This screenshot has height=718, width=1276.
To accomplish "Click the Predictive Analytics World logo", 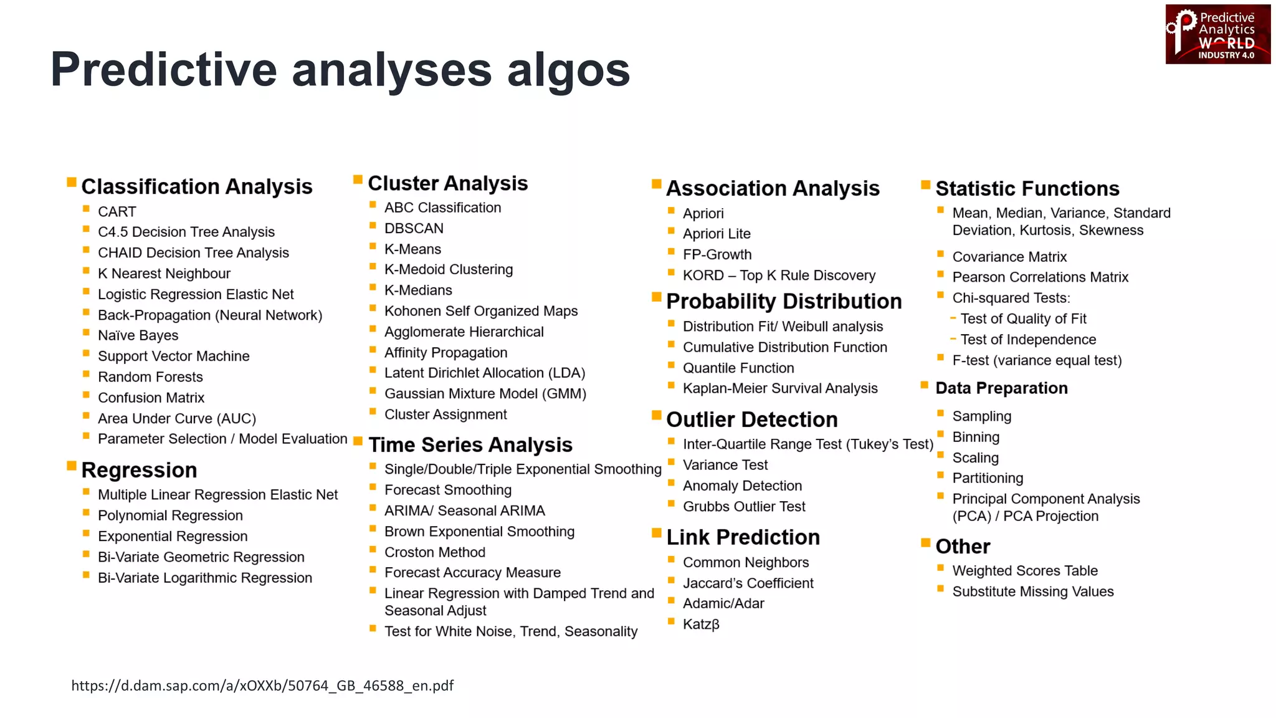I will pyautogui.click(x=1217, y=34).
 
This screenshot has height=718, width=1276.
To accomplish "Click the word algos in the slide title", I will pyautogui.click(x=568, y=69).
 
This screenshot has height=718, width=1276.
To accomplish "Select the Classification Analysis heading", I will pyautogui.click(x=196, y=186).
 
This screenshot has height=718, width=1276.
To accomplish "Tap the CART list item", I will pyautogui.click(x=117, y=212).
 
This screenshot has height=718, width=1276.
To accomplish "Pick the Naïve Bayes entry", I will pyautogui.click(x=138, y=335).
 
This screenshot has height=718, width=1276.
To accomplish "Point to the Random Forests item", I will pyautogui.click(x=150, y=377).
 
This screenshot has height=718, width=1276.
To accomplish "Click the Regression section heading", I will pyautogui.click(x=139, y=470).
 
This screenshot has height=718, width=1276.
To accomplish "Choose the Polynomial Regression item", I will pyautogui.click(x=170, y=515).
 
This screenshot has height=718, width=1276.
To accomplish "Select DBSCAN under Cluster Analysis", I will pyautogui.click(x=414, y=228).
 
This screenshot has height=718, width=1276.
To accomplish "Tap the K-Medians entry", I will pyautogui.click(x=418, y=290).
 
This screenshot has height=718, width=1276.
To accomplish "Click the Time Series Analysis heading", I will pyautogui.click(x=470, y=445).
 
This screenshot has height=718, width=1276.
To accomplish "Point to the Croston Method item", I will pyautogui.click(x=434, y=552).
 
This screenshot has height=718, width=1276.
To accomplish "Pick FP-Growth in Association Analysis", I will pyautogui.click(x=717, y=254).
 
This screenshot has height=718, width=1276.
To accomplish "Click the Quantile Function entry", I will pyautogui.click(x=738, y=368).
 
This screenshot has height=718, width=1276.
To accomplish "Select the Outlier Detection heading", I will pyautogui.click(x=751, y=419).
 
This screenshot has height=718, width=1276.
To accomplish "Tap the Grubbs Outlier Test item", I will pyautogui.click(x=744, y=507).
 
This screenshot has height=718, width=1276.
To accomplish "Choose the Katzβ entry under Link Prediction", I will pyautogui.click(x=701, y=624).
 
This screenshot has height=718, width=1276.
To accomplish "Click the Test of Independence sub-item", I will pyautogui.click(x=1028, y=340).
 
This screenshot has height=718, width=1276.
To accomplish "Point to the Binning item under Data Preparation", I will pyautogui.click(x=976, y=437).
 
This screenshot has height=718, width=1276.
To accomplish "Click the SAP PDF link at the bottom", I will pyautogui.click(x=262, y=686).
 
